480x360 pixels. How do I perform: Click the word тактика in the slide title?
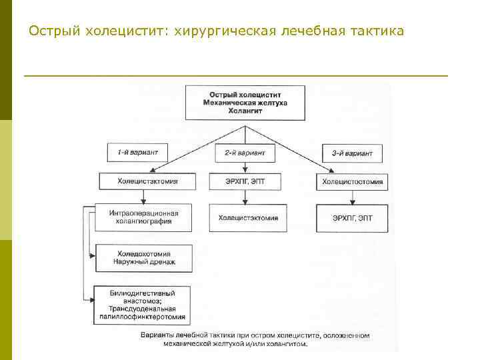(377, 31)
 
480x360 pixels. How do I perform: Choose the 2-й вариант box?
(245, 153)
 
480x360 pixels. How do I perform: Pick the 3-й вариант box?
(352, 153)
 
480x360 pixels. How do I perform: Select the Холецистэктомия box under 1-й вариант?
(147, 181)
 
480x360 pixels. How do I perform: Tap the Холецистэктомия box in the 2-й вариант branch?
(249, 217)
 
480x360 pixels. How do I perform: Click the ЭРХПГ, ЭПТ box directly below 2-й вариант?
(244, 181)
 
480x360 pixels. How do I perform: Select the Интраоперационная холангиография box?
(144, 217)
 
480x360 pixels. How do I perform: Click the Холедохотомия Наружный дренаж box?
(144, 258)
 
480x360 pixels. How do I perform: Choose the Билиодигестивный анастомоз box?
(143, 305)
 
